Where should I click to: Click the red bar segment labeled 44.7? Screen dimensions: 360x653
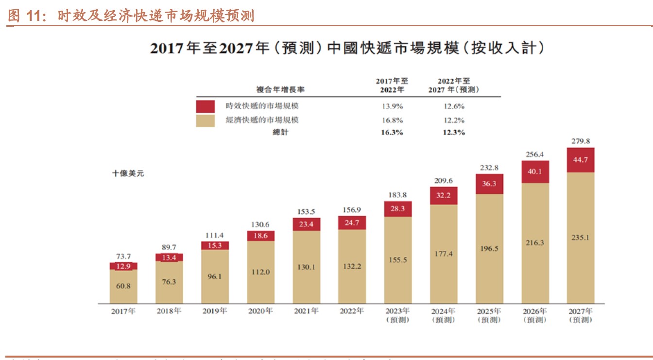(x=580, y=160)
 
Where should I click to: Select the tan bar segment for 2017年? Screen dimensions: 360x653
(x=123, y=286)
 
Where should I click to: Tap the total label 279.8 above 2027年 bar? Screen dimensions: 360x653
(x=580, y=141)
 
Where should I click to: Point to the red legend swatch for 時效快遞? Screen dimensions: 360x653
(x=206, y=106)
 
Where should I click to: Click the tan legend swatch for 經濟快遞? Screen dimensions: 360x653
(x=206, y=120)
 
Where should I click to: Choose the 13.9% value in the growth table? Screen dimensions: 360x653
(x=393, y=106)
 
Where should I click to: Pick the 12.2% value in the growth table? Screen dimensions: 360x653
(x=454, y=120)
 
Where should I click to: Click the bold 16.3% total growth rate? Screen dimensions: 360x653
(x=393, y=132)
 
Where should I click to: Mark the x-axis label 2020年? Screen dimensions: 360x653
(x=260, y=311)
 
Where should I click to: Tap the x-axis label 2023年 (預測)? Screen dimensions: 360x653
(x=397, y=315)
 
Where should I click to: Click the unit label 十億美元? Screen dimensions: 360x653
(x=128, y=173)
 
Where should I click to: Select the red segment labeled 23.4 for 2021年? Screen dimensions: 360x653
(x=306, y=224)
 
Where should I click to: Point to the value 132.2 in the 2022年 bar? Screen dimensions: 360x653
(x=352, y=266)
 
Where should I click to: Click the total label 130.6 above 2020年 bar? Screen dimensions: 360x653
(x=260, y=224)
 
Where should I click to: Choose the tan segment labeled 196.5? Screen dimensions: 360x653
(x=489, y=248)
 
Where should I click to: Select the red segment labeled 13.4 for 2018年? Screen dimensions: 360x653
(x=169, y=257)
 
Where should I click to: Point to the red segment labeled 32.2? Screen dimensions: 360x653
(x=444, y=196)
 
